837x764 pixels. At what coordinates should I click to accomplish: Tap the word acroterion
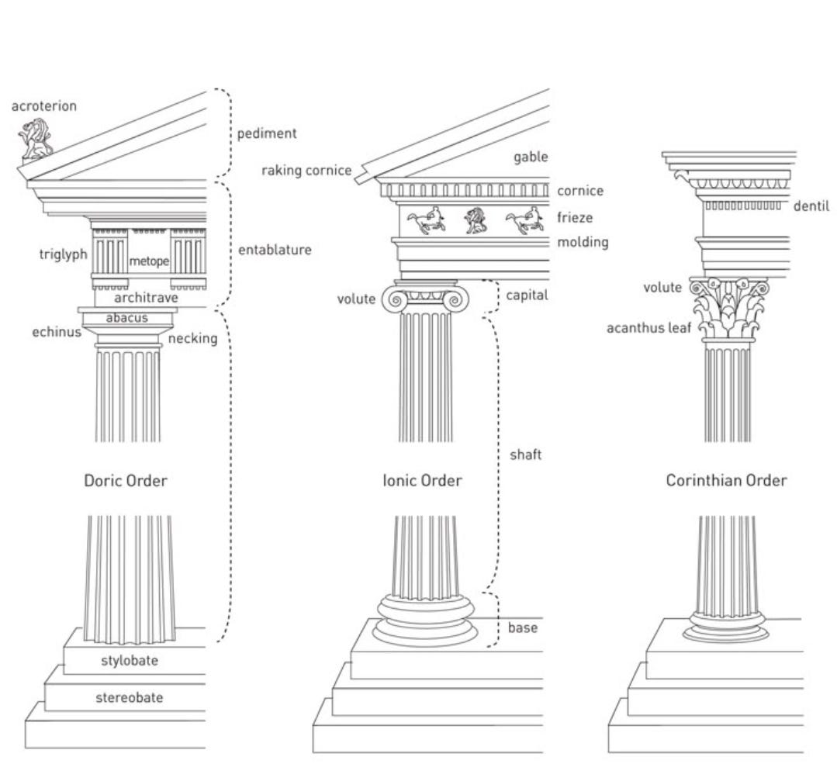(x=44, y=106)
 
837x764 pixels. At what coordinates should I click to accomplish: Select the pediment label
(x=267, y=133)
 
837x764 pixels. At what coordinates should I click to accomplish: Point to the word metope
(x=149, y=261)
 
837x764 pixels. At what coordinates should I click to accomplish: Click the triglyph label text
(x=64, y=254)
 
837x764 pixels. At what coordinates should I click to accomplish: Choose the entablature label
(x=275, y=250)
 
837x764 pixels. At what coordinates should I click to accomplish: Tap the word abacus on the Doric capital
(x=127, y=317)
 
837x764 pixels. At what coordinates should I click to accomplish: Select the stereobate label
(x=130, y=697)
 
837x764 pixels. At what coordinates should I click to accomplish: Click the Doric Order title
(x=126, y=481)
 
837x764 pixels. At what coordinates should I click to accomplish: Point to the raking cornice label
(x=306, y=171)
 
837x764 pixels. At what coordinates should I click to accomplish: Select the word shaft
(x=525, y=455)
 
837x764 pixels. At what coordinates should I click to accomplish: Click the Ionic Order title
(x=422, y=481)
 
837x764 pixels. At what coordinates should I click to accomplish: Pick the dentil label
(x=811, y=206)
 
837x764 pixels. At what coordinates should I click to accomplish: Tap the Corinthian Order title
(x=726, y=481)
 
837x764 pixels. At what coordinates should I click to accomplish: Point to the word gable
(x=531, y=157)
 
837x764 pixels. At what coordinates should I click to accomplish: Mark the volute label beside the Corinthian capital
(x=662, y=288)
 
